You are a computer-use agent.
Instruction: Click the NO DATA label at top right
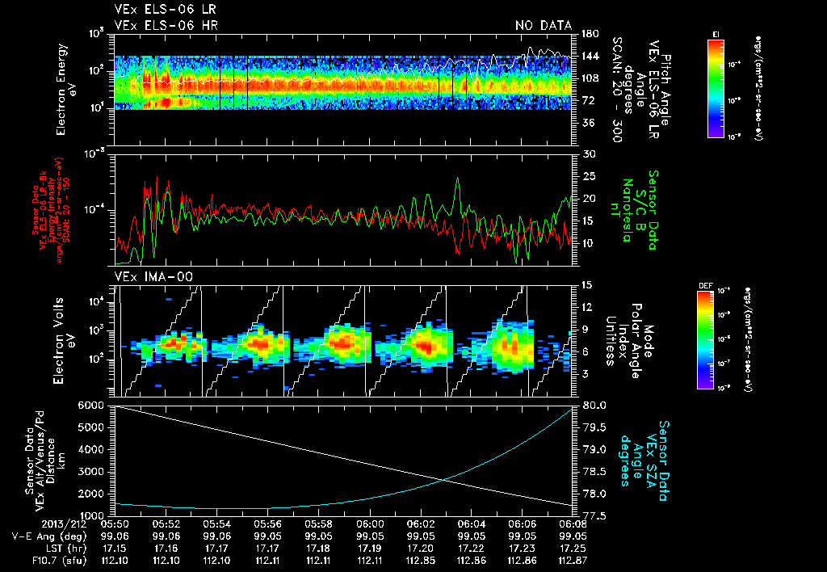[544, 26]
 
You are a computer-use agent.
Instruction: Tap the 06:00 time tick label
[369, 524]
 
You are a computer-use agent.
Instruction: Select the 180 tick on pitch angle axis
[589, 34]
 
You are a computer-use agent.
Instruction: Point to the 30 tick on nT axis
[589, 154]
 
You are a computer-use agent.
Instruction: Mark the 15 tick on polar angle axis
[589, 284]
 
